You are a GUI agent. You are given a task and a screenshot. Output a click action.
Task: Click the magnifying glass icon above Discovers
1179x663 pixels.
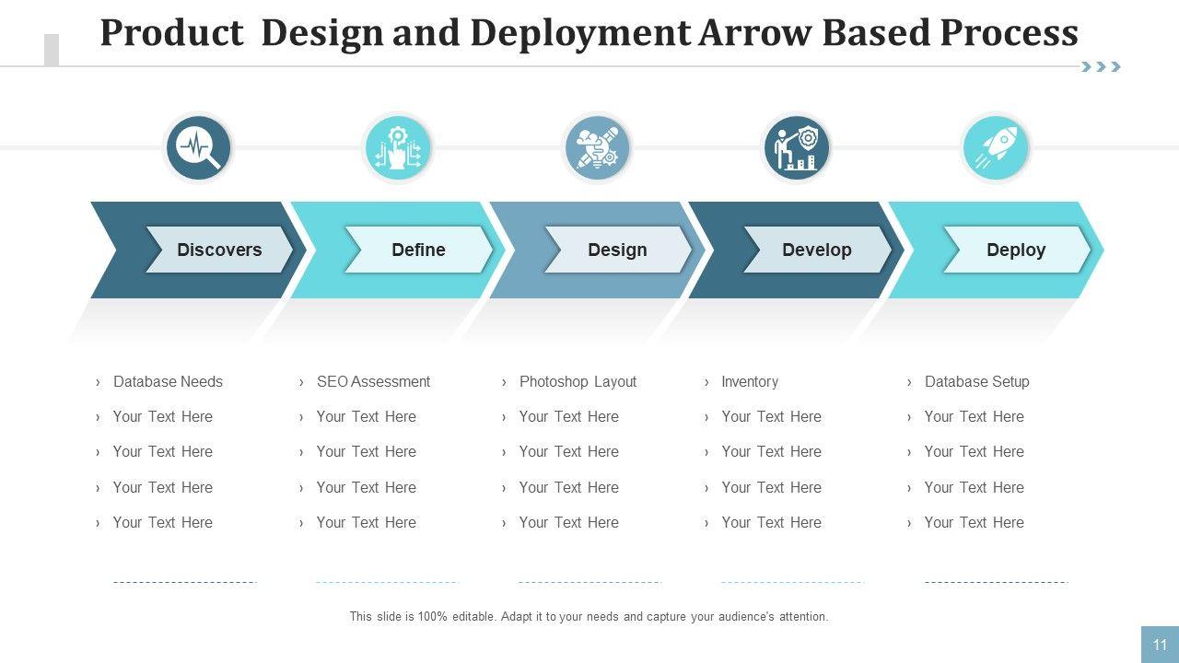pos(199,147)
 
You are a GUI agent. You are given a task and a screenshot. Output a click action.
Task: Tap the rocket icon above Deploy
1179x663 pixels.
pos(996,147)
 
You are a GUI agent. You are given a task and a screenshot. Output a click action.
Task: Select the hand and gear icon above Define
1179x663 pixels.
pos(398,147)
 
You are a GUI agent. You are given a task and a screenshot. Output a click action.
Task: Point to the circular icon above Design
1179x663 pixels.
pos(597,147)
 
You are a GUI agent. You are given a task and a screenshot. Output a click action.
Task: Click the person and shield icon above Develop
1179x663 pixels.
pos(797,147)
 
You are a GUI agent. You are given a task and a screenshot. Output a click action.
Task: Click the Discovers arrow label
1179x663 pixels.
pos(219,250)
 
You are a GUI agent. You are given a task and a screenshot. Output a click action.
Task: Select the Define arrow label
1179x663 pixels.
pos(418,250)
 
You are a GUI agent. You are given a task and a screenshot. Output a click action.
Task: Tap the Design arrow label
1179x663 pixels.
pos(617,250)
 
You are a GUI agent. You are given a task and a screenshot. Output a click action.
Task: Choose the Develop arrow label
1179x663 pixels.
pos(816,250)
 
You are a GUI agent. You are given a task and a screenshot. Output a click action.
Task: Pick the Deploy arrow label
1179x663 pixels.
pos(1016,250)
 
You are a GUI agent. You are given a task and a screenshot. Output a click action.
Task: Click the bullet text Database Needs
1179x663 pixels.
pos(168,381)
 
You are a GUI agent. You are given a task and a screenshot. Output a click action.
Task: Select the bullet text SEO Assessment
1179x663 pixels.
pos(373,381)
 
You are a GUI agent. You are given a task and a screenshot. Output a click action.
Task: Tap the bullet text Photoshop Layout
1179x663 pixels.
pos(578,381)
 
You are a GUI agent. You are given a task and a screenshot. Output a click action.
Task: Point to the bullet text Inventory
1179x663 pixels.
pos(750,381)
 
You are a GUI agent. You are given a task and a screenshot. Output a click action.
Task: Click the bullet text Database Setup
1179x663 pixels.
pos(976,381)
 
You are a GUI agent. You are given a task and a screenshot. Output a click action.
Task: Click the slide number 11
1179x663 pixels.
pos(1160,645)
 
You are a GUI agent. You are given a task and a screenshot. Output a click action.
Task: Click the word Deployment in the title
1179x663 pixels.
pos(579,33)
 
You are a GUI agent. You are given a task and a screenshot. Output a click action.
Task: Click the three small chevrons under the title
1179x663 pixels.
pos(1101,66)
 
